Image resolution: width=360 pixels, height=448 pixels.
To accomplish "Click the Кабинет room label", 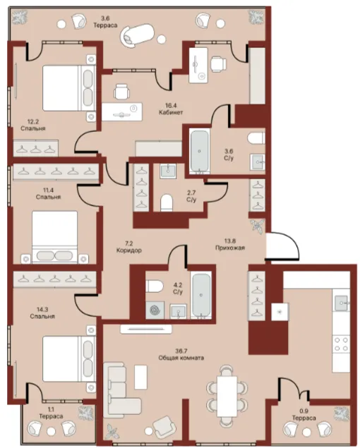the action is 171,113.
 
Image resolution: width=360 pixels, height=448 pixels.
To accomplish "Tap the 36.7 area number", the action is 181,351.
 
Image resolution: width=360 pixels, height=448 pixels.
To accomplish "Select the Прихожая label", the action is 230,248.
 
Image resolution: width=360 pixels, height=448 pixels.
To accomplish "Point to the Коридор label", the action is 129,250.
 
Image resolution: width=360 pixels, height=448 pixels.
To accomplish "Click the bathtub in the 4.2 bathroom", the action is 201,296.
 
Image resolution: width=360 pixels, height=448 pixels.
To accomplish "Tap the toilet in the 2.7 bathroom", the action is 167,202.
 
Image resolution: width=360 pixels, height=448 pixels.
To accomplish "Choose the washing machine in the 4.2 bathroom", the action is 155,310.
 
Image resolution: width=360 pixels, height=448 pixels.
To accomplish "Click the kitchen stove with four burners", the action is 342,344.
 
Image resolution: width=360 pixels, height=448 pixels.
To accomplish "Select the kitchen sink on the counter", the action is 342,303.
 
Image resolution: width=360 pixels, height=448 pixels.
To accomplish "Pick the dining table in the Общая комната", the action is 227,396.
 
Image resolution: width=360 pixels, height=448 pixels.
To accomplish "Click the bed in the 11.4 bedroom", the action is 54,237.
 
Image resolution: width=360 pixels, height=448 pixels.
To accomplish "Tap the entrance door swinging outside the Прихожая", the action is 282,246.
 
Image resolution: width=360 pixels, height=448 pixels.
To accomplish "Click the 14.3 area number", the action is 42,310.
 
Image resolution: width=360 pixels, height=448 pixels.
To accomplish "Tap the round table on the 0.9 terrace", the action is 308,431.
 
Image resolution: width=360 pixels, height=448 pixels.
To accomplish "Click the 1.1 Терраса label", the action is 51,413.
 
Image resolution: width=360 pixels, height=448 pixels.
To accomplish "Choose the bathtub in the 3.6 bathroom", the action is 199,151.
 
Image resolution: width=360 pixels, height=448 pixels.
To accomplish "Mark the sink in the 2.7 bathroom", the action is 168,171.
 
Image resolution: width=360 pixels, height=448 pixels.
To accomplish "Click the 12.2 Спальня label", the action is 33,126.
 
